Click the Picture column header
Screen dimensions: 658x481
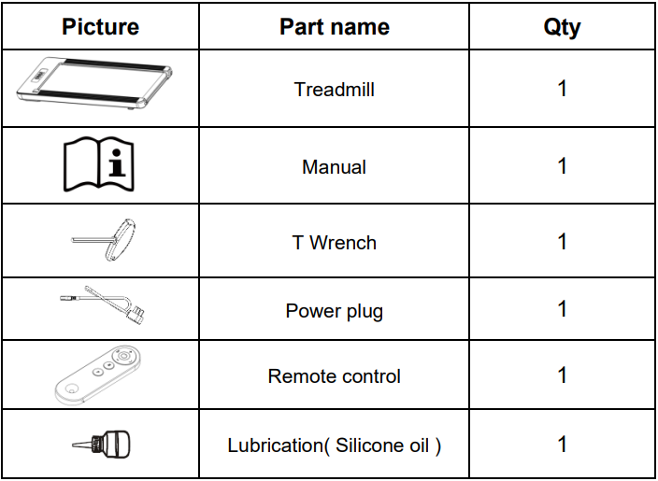point(100,27)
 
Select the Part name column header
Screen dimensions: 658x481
point(335,27)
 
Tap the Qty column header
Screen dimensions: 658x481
point(562,28)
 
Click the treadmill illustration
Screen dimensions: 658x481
point(94,83)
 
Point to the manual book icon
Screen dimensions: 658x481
point(99,164)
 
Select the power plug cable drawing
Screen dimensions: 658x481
point(103,304)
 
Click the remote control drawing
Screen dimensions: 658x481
point(97,375)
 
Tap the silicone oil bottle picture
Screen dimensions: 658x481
point(101,445)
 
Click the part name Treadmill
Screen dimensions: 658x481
point(334,90)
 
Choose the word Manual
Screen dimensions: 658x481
point(334,167)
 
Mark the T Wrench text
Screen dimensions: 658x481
point(334,243)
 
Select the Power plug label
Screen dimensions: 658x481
point(334,312)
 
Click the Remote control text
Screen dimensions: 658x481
point(334,376)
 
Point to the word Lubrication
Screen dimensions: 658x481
point(276,446)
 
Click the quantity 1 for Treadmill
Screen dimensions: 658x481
point(563,89)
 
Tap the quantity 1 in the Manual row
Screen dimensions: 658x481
point(563,165)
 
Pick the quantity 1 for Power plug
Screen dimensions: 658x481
point(563,309)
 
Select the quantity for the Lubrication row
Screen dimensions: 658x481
point(563,444)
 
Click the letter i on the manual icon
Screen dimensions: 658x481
point(117,163)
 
